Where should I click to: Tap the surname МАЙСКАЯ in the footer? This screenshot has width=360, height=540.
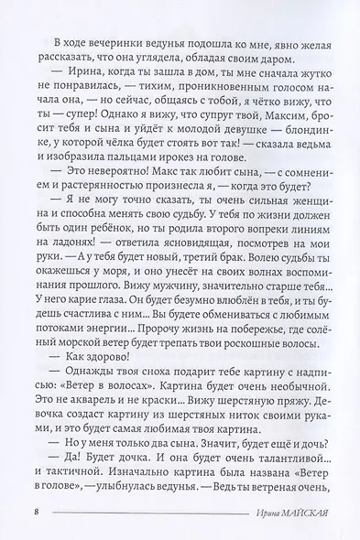pos(298,510)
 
